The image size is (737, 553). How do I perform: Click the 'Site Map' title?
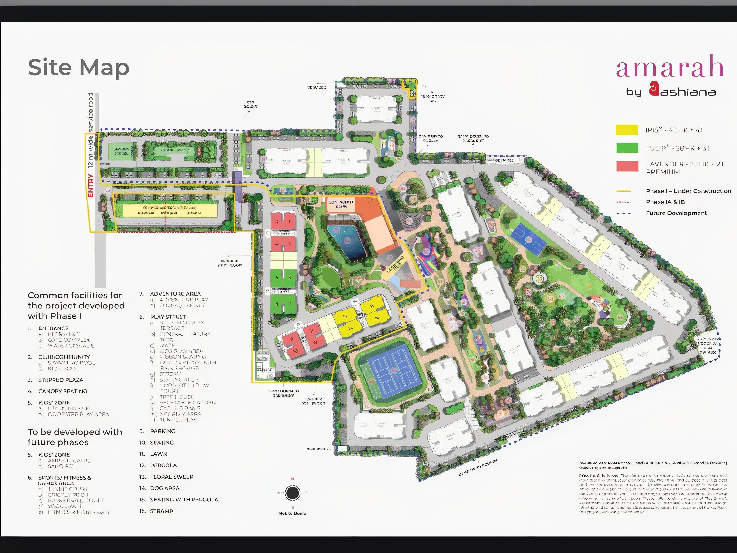[79, 68]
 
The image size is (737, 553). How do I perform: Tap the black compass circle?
[292, 493]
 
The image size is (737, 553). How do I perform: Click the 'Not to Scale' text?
[292, 513]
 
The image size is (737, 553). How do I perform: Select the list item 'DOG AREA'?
[165, 488]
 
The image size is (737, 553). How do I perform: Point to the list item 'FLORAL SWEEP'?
[172, 477]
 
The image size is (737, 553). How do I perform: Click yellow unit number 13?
[345, 316]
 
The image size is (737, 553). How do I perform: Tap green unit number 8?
[276, 304]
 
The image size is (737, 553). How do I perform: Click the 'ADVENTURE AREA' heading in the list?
[175, 294]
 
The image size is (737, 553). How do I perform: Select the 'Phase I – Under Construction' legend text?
[688, 191]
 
